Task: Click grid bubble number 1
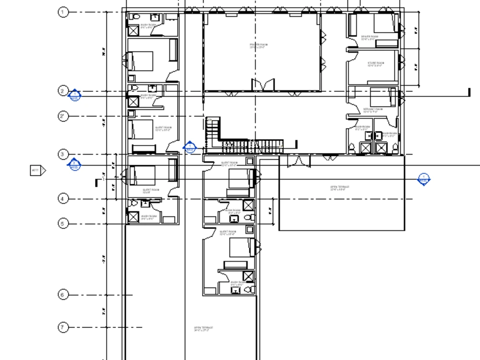pos(63,12)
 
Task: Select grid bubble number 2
pos(63,91)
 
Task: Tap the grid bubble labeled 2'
pos(63,116)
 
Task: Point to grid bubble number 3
pos(63,154)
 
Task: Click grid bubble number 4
pos(63,198)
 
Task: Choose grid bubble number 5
pos(63,223)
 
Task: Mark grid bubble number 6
pos(63,295)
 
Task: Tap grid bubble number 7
pos(63,327)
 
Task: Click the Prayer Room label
pos(259,46)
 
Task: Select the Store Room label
pos(375,64)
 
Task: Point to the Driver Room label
pos(370,37)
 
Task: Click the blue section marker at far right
pos(423,180)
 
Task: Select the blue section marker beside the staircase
pos(190,147)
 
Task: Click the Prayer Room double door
pos(264,84)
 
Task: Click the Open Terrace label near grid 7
pos(204,329)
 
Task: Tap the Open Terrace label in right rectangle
pos(339,188)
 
